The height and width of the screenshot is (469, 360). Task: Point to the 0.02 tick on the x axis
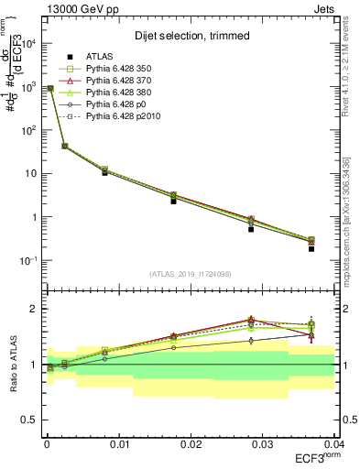pyautogui.click(x=191, y=443)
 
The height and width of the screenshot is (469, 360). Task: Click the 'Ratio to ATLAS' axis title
pyautogui.click(x=12, y=364)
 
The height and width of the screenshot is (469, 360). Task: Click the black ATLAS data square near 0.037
pyautogui.click(x=311, y=248)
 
